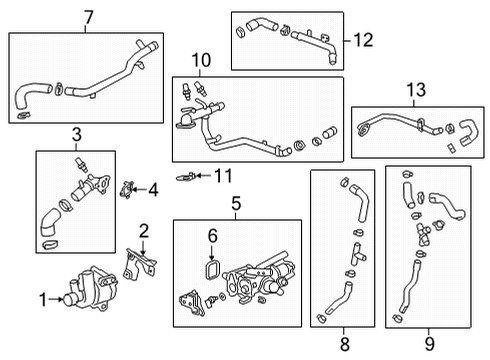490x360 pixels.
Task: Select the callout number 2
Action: [x=144, y=231]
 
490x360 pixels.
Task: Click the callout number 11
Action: [x=222, y=177]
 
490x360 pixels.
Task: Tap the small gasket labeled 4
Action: [x=126, y=188]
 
